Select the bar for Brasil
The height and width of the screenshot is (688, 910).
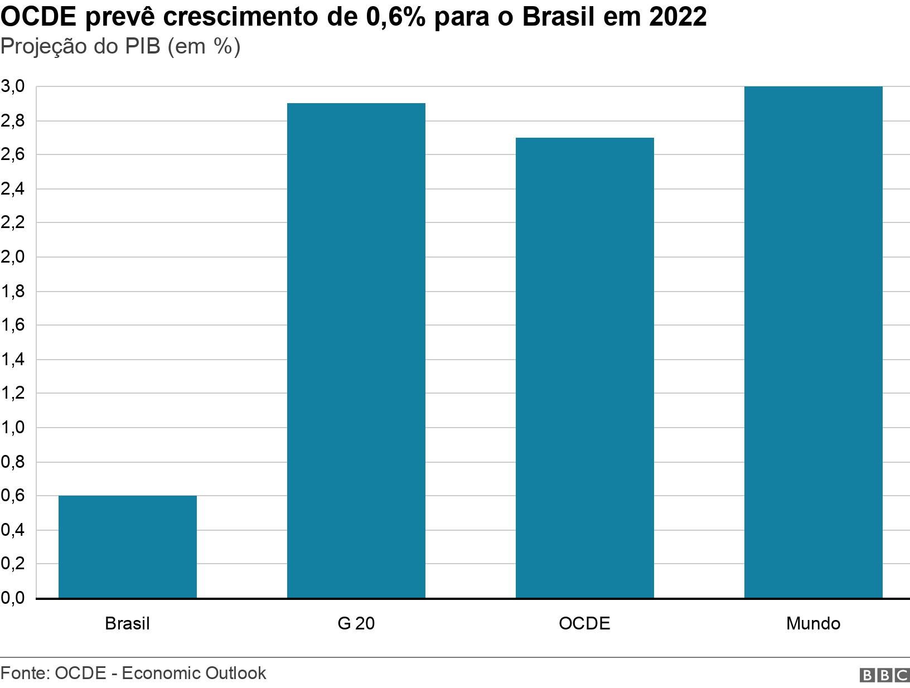pyautogui.click(x=127, y=546)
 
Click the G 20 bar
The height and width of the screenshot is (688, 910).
pyautogui.click(x=356, y=350)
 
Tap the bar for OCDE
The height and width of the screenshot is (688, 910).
pyautogui.click(x=584, y=367)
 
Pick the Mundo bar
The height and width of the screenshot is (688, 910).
pyautogui.click(x=813, y=342)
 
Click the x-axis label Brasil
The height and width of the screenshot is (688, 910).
pyautogui.click(x=127, y=623)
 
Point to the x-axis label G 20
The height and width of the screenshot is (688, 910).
pyautogui.click(x=356, y=623)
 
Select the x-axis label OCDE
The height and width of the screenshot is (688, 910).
pyautogui.click(x=584, y=623)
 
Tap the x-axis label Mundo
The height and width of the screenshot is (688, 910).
pyautogui.click(x=813, y=623)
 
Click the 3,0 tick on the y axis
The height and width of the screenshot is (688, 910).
pyautogui.click(x=13, y=86)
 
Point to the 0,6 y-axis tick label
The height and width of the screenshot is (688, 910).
pyautogui.click(x=13, y=496)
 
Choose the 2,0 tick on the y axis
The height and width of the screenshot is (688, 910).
pyautogui.click(x=13, y=257)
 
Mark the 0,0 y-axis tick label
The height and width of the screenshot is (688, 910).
pyautogui.click(x=13, y=598)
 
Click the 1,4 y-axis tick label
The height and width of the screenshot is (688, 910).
pyautogui.click(x=13, y=360)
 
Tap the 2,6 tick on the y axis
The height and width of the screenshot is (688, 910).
pyautogui.click(x=13, y=154)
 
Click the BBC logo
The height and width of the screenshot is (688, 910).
pyautogui.click(x=884, y=675)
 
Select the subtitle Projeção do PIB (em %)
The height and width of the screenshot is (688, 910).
pyautogui.click(x=120, y=47)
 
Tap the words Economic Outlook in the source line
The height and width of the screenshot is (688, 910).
pyautogui.click(x=193, y=673)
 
